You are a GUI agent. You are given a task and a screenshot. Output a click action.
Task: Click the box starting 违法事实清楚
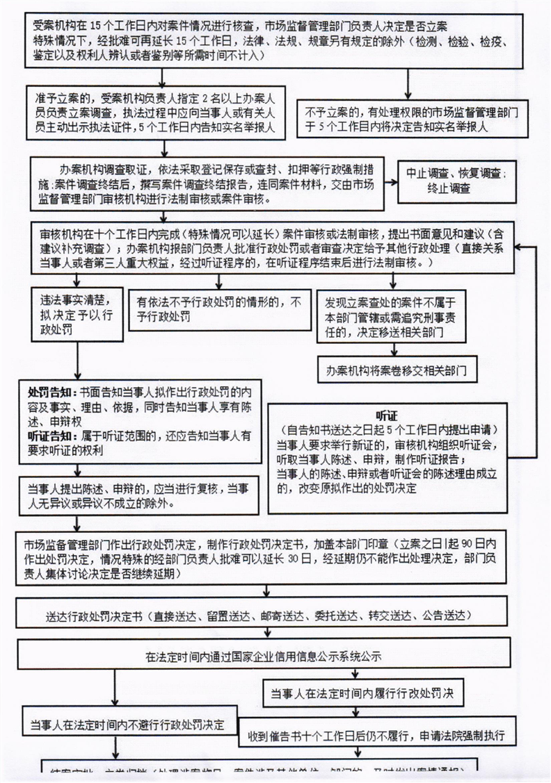pyautogui.click(x=77, y=315)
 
